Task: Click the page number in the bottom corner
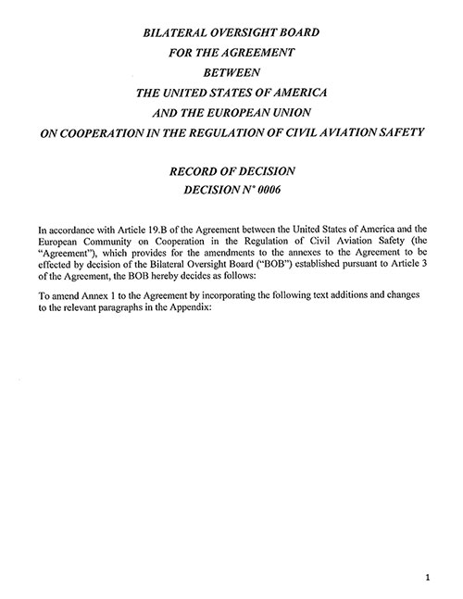click(x=427, y=578)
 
